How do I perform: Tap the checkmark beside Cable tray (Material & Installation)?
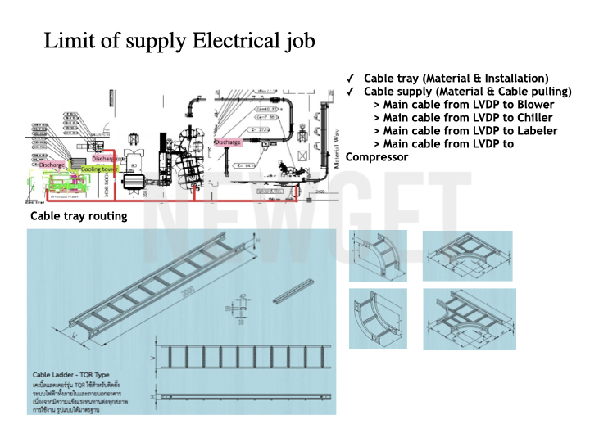pyautogui.click(x=351, y=78)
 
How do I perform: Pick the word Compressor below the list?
pyautogui.click(x=377, y=157)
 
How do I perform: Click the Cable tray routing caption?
pyautogui.click(x=79, y=216)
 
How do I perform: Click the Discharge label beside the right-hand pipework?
pyautogui.click(x=228, y=142)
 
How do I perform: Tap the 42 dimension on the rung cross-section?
pyautogui.click(x=243, y=297)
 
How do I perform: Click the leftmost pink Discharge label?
pyautogui.click(x=52, y=165)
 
